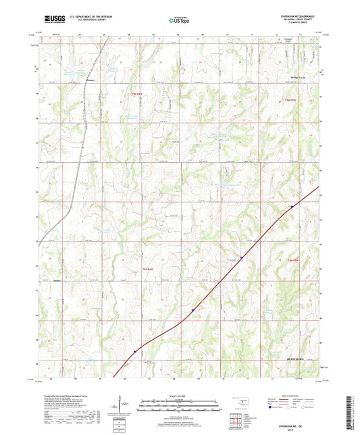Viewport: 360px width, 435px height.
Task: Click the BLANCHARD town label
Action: click(x=296, y=358)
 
